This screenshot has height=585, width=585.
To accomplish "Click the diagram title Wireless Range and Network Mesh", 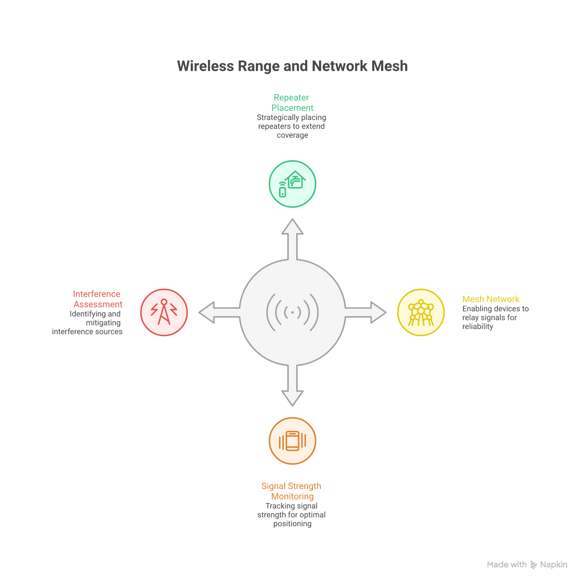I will [x=292, y=66].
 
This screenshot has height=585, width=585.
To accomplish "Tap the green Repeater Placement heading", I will [x=292, y=103].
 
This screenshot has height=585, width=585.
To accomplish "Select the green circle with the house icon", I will [x=292, y=184].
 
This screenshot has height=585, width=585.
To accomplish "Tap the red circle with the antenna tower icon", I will [x=164, y=312].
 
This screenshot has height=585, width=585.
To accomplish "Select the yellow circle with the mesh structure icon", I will [x=421, y=312].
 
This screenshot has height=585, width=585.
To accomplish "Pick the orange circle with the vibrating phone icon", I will [x=292, y=440].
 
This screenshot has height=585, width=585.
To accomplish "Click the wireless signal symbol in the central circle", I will [x=292, y=312].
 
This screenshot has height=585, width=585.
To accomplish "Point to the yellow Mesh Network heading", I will [x=491, y=299].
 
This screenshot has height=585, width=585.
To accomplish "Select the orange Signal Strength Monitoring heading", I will [x=292, y=491].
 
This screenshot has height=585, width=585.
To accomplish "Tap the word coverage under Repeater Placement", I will [x=292, y=135].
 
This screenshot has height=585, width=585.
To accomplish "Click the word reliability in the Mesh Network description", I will [x=478, y=326].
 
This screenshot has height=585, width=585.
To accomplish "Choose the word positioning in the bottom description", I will [x=292, y=524].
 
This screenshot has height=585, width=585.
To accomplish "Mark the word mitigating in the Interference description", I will [x=103, y=323].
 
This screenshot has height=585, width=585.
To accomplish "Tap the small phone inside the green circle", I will [x=283, y=192].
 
